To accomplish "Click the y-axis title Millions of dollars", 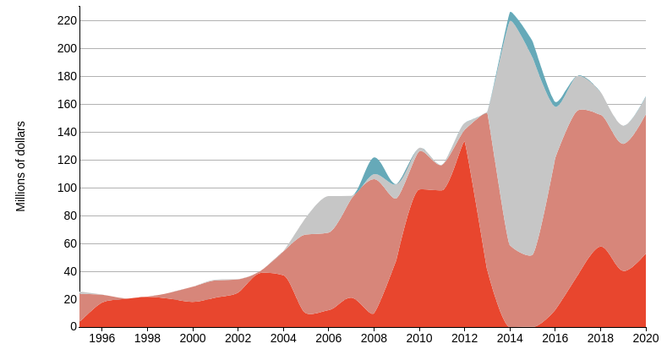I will (x=21, y=166).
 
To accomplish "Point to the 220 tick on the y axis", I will (x=68, y=20).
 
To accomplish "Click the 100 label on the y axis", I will (x=68, y=188).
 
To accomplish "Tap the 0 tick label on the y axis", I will (x=73, y=327).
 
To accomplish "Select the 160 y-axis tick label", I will (x=68, y=104).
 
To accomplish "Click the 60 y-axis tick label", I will (x=70, y=243).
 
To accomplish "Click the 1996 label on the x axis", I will (x=102, y=339).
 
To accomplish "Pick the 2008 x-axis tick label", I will (x=374, y=339).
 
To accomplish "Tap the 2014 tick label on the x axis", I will (x=510, y=339).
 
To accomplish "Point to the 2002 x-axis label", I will (x=238, y=339).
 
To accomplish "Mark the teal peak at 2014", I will (x=511, y=15).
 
